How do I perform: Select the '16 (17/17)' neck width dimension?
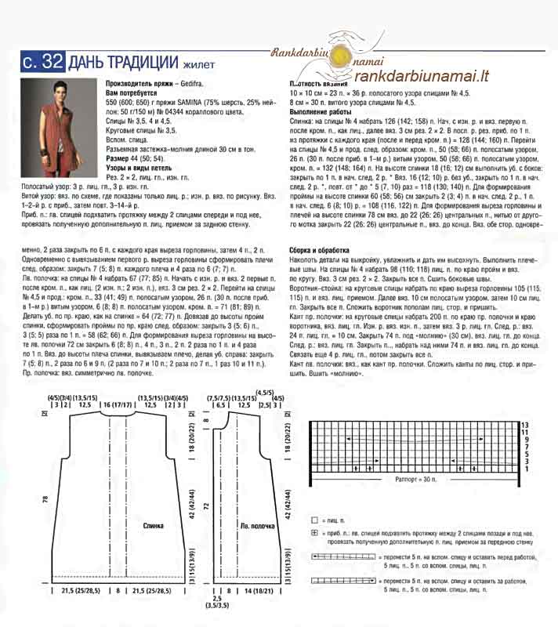pos(116,404)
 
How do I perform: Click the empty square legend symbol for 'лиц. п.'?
pos(315,520)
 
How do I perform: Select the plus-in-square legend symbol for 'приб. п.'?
pos(315,532)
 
